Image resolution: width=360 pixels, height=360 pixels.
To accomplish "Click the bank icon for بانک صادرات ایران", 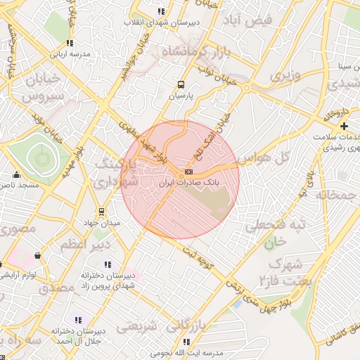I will click(188, 172).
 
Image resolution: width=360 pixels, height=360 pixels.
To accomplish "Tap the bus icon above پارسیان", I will click(181, 83).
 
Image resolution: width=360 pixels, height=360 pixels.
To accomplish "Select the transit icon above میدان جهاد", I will click(101, 211).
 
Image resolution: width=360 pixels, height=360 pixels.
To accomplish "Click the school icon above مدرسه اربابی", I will click(70, 43).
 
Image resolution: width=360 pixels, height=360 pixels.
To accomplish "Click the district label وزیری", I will click(287, 75).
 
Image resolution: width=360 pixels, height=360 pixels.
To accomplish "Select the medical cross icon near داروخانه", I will click(344, 126).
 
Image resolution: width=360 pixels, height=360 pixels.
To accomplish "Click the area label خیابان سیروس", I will click(44, 87).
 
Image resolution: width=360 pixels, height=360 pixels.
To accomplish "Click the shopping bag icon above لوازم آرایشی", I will click(37, 257).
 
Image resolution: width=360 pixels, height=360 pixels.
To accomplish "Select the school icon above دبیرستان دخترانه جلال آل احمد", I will click(77, 319).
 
